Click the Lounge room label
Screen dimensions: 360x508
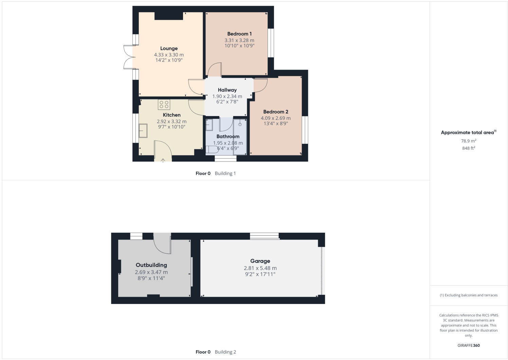tap(169, 49)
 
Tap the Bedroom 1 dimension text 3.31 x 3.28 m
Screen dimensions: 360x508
tap(239, 40)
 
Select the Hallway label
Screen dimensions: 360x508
tap(227, 90)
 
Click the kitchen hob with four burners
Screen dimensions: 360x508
tap(164, 105)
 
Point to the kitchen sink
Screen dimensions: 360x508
tap(143, 131)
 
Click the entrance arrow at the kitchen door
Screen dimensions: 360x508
tap(163, 160)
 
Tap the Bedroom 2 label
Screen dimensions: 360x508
tap(276, 112)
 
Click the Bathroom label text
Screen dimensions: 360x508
tap(228, 136)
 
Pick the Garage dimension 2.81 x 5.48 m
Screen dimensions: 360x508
tap(260, 268)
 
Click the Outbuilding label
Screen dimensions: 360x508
tap(151, 265)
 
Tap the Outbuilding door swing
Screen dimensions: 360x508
tap(162, 244)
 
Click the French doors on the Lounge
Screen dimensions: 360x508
tap(129, 57)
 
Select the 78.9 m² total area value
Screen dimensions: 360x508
tap(468, 141)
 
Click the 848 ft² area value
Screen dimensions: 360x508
tap(468, 148)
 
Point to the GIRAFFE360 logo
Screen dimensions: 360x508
tap(469, 345)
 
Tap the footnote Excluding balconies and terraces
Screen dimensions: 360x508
tap(469, 295)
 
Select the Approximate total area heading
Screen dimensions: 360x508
tap(468, 133)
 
